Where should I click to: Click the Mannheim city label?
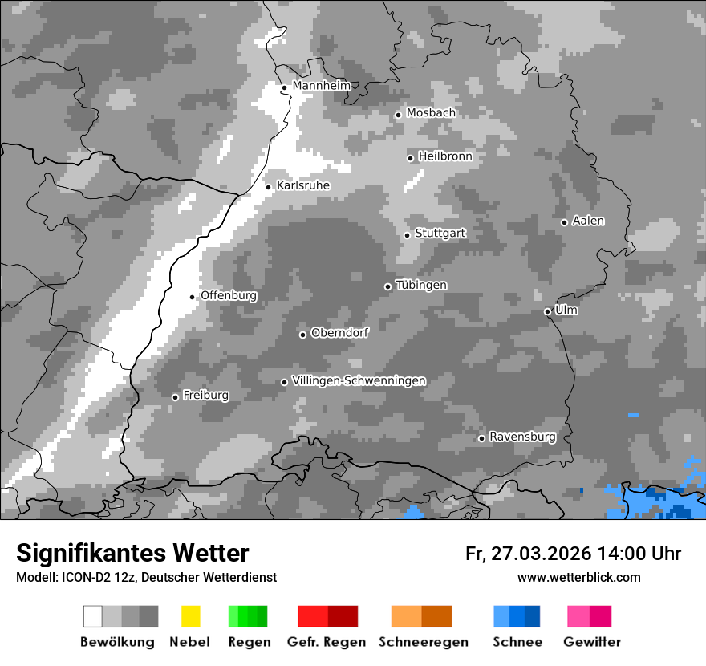tap(322, 86)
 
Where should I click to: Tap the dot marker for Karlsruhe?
tap(269, 187)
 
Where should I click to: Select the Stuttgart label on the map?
tap(440, 234)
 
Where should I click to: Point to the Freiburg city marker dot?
tap(175, 397)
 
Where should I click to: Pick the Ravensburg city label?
tap(522, 437)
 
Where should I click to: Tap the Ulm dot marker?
tap(547, 311)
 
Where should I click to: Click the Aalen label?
tap(588, 221)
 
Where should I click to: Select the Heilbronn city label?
tap(445, 156)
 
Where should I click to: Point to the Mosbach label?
tap(431, 113)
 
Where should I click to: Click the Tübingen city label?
tap(421, 285)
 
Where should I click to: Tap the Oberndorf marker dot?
tap(302, 335)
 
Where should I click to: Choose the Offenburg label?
tap(229, 295)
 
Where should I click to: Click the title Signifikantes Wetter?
tap(132, 553)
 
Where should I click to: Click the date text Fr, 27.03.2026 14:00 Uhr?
tap(573, 554)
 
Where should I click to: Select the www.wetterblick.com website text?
tap(578, 577)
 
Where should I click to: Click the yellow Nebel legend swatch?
tap(190, 616)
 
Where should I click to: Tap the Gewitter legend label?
tap(592, 642)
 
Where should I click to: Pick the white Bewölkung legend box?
tap(93, 616)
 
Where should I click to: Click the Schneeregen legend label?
tap(423, 642)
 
